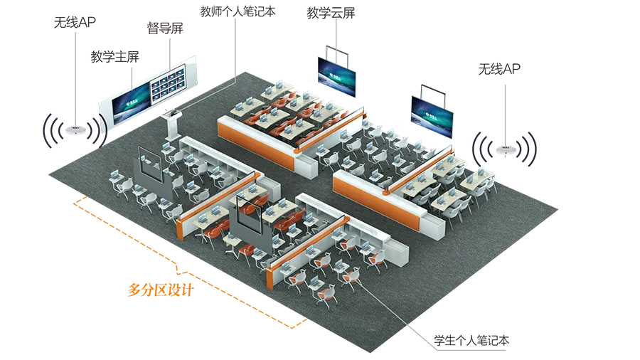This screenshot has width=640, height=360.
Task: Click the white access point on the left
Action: [72, 132]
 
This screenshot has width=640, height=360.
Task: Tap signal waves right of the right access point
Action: [528, 149]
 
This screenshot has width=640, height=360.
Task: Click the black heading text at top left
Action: [142, 21]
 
